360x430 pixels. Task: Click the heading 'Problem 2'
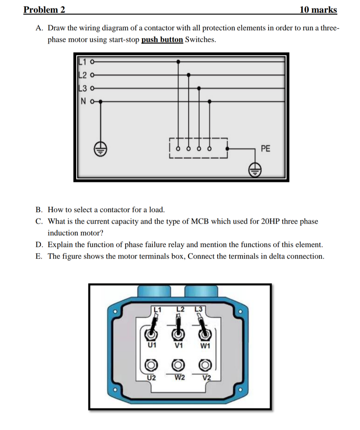coord(44,10)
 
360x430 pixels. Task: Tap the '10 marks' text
coord(318,10)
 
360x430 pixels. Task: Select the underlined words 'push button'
coord(162,40)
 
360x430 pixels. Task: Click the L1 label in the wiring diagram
coord(82,62)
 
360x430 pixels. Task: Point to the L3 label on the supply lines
coord(82,88)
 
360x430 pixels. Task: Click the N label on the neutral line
coord(83,101)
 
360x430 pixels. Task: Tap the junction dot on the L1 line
coord(178,62)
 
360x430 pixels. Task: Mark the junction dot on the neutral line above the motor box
coord(209,101)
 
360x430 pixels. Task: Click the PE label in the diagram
coord(265,149)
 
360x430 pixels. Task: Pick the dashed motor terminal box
coord(198,149)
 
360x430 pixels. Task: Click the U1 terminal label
coord(152,345)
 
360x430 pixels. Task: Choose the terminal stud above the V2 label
coord(205,365)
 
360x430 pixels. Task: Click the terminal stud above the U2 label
coord(151,365)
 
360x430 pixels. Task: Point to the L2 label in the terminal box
coord(180,309)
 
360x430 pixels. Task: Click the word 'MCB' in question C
coord(200,221)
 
